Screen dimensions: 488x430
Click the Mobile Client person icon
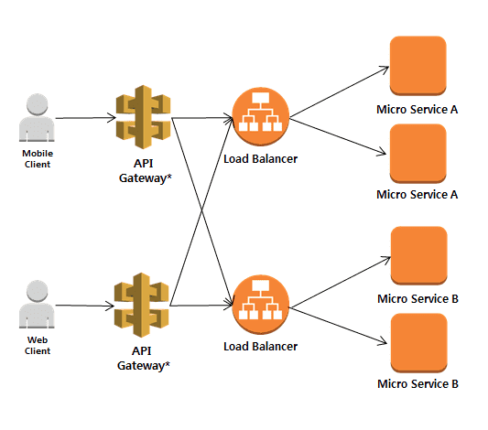(x=37, y=117)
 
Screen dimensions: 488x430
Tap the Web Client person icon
(x=37, y=304)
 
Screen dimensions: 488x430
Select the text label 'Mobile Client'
(x=38, y=158)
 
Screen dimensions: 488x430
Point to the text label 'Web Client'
(x=38, y=345)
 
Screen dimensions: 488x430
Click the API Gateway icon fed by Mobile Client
(x=143, y=117)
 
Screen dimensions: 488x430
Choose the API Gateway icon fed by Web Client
(x=142, y=305)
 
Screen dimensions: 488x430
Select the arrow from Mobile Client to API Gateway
(x=85, y=118)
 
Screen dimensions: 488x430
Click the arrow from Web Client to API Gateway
(x=84, y=306)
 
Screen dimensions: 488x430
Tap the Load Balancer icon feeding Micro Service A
(x=261, y=116)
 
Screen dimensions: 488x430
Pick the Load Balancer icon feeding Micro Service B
(x=261, y=305)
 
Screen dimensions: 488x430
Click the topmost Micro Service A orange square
(x=418, y=66)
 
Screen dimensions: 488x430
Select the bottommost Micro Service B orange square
(x=419, y=343)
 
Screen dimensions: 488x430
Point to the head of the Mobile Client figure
(x=38, y=104)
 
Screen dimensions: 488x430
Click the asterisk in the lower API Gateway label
(x=168, y=363)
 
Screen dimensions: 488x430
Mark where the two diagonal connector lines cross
(x=201, y=211)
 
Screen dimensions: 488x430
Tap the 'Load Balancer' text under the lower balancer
(x=261, y=347)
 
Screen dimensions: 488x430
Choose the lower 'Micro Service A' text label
(x=417, y=195)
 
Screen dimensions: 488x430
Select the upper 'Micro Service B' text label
(x=418, y=299)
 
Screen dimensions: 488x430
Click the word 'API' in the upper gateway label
(x=144, y=163)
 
